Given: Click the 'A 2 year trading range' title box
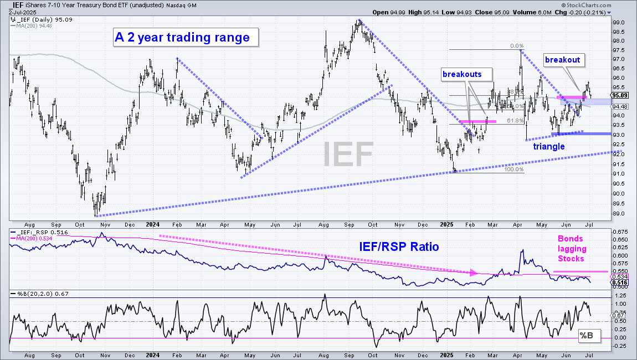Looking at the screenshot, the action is point(185,37).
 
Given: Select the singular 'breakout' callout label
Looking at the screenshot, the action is point(563,60).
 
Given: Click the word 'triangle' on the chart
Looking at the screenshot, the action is point(549,147).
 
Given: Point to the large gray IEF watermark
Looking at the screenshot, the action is point(348,154).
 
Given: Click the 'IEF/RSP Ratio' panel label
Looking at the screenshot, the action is point(399,246).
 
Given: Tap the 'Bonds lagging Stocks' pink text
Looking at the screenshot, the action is point(571,249).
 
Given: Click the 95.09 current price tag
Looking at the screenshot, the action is point(620,95).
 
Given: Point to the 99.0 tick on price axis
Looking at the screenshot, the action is point(619,22).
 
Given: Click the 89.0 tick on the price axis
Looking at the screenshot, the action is point(619,214).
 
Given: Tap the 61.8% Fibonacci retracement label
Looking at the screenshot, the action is point(516,121).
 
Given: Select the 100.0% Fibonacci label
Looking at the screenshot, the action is point(514,169).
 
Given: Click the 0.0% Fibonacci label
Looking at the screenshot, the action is point(517,46).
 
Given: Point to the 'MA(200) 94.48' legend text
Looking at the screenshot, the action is point(34,25).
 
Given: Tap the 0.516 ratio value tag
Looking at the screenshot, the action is point(620,282).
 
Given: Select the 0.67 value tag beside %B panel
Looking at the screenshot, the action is point(618,315).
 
